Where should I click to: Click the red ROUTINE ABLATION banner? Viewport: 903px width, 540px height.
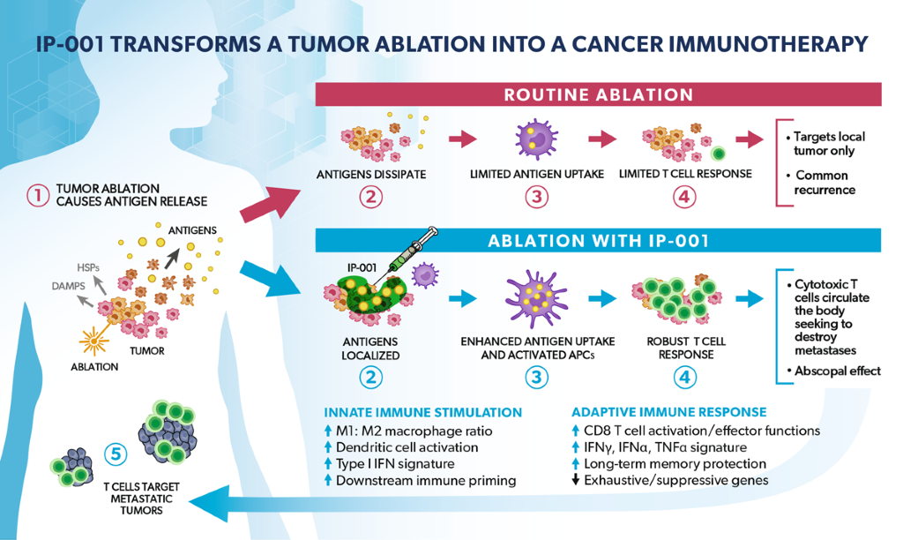click(x=598, y=94)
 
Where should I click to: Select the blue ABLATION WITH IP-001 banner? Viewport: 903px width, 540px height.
click(x=598, y=239)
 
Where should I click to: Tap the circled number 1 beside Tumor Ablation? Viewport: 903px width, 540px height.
click(x=37, y=195)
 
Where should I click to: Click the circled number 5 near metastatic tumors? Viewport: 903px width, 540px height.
click(x=115, y=454)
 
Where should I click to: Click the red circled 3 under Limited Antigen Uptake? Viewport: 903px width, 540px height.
click(x=536, y=196)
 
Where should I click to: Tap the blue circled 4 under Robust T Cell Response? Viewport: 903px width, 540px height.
click(x=684, y=378)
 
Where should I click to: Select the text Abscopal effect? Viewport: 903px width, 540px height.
click(x=837, y=371)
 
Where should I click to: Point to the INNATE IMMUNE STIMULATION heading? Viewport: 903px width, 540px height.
click(x=422, y=412)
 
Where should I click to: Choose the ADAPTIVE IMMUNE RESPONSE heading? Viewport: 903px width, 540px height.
click(x=668, y=412)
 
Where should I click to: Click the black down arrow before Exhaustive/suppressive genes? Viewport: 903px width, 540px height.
click(x=576, y=481)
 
